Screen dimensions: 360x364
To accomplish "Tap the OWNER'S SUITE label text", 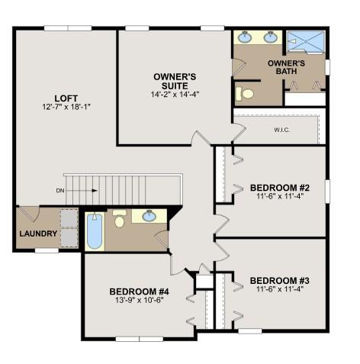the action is [x=175, y=81].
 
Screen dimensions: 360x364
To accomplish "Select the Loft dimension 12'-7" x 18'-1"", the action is [x=66, y=107].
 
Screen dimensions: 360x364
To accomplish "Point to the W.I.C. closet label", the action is [x=282, y=130].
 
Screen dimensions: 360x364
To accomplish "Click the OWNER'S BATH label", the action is [x=286, y=67].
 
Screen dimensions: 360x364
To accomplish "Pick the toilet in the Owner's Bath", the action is [x=245, y=94].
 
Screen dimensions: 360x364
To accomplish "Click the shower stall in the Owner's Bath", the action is [x=306, y=42].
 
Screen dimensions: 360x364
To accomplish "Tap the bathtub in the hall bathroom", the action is [x=95, y=231].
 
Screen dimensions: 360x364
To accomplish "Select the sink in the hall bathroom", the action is [x=149, y=216].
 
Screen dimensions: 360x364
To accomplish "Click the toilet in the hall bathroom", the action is [x=119, y=218].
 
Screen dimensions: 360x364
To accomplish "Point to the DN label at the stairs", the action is [x=60, y=191].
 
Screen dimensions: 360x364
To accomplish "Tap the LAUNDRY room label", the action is [x=38, y=234].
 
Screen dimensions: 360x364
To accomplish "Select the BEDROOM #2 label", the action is [x=280, y=188].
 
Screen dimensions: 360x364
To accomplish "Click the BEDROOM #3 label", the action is [x=280, y=281].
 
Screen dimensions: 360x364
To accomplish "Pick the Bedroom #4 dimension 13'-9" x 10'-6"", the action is [x=139, y=301].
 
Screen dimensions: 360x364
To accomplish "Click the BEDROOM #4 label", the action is [x=139, y=292].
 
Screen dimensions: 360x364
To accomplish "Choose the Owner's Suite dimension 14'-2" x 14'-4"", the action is [x=175, y=95].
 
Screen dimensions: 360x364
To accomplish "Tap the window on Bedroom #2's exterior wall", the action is [x=327, y=192].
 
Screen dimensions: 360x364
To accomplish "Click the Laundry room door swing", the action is [x=30, y=213].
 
